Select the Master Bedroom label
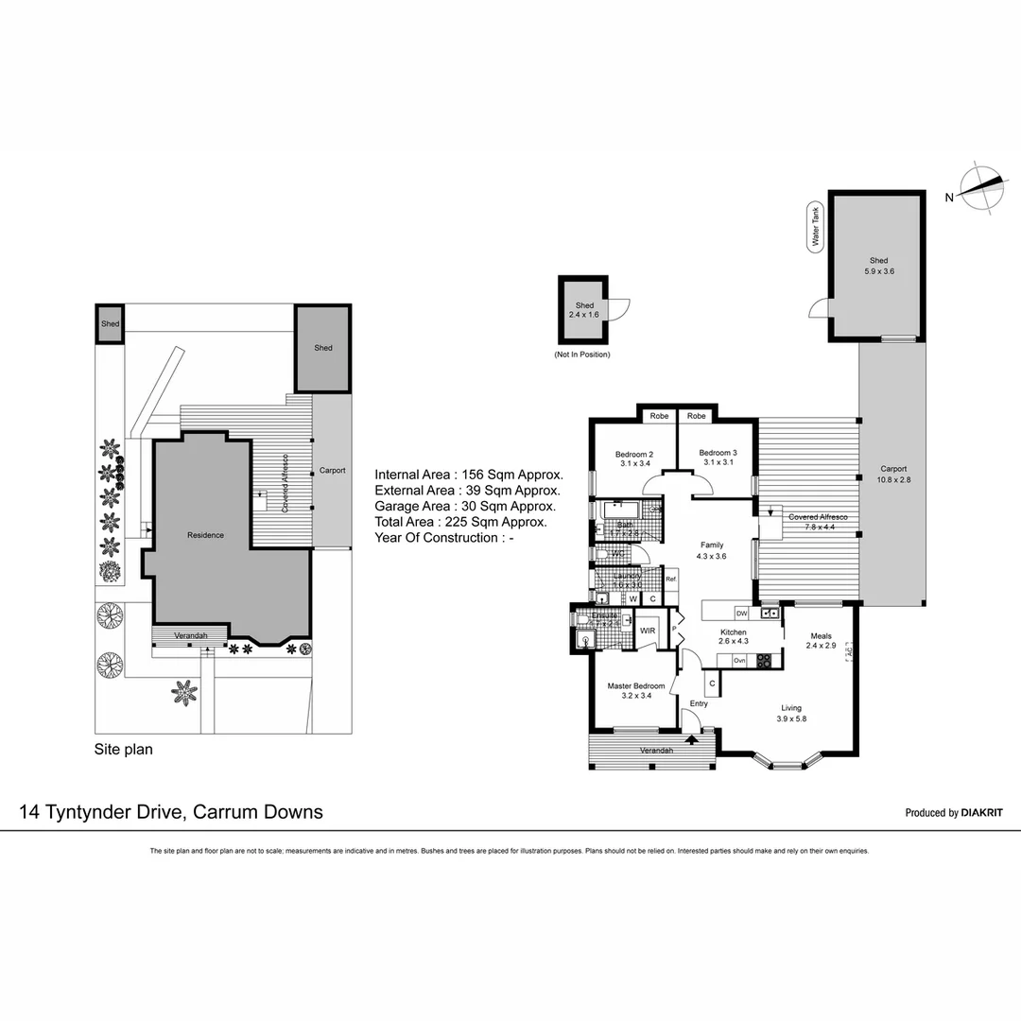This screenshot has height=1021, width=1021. click(635, 685)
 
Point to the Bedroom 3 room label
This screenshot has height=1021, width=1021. click(718, 453)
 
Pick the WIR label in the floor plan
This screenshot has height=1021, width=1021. click(648, 630)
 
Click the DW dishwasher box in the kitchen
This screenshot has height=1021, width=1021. click(742, 613)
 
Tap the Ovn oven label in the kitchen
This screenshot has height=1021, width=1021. click(740, 660)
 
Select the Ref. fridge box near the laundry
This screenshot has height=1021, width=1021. click(670, 580)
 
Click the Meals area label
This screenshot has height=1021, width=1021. click(820, 636)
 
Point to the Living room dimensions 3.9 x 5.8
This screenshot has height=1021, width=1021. click(791, 718)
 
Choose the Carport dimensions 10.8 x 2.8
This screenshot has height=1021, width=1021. click(893, 479)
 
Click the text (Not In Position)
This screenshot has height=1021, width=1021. click(582, 355)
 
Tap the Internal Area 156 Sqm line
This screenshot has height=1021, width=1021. click(469, 475)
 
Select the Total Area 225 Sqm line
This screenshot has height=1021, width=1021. click(460, 522)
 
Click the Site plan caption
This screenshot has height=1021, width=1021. click(123, 750)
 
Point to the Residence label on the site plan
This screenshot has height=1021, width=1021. click(205, 535)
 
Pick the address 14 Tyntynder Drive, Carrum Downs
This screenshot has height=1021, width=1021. click(171, 811)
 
